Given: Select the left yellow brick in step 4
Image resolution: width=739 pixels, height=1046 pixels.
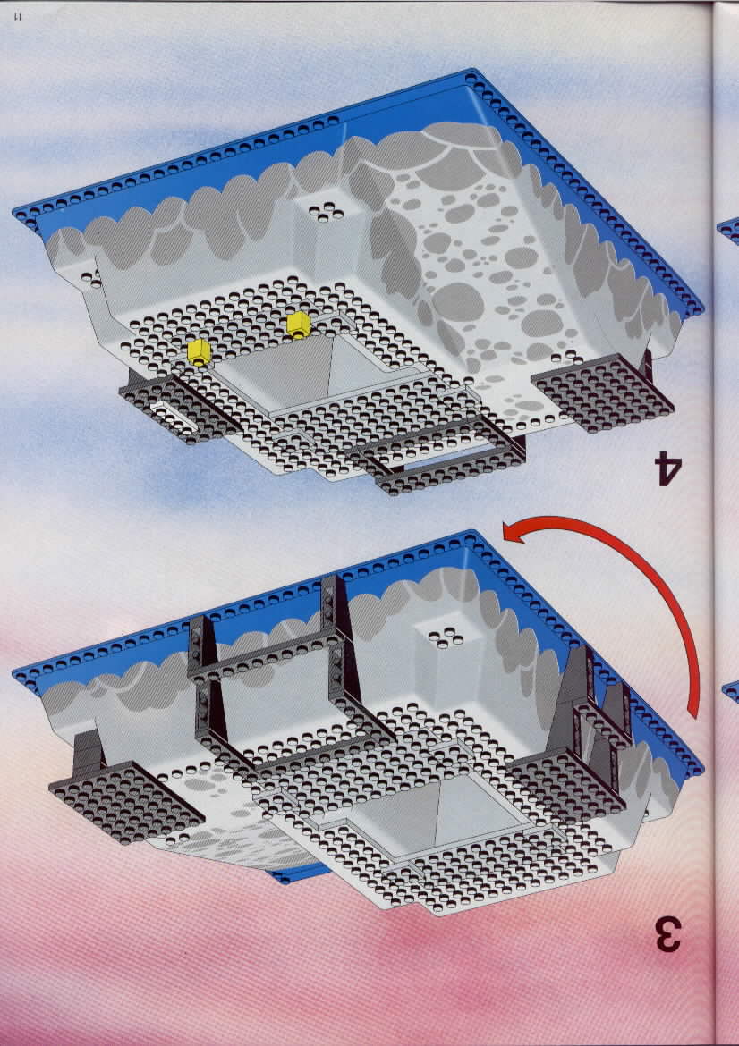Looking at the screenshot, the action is pos(199,351).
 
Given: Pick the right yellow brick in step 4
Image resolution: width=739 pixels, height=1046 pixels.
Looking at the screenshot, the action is pos(299,325).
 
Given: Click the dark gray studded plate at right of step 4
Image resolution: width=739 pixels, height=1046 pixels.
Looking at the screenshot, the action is pos(602,392).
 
